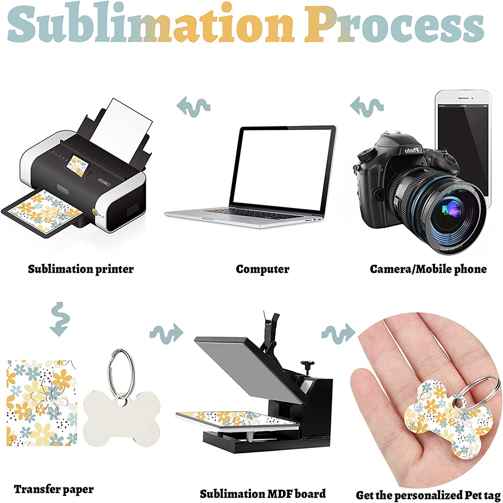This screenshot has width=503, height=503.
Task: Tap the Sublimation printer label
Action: point(80,269)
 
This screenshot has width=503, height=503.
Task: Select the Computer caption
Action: point(263,269)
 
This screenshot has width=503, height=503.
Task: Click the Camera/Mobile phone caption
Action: point(428,269)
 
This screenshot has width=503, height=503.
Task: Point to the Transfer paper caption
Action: point(53,489)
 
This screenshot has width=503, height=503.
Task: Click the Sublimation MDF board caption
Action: point(263,493)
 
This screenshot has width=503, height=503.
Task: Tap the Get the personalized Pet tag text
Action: point(428,495)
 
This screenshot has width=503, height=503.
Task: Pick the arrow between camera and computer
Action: point(367,105)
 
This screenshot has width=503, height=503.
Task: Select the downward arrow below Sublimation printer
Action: point(59,319)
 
